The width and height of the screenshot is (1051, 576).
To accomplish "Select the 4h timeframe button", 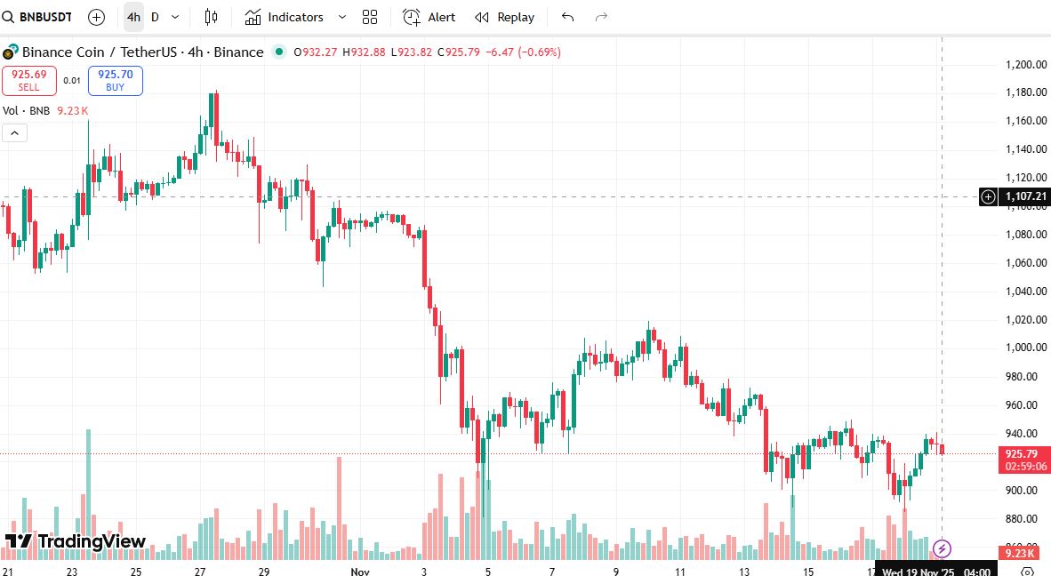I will click(133, 17).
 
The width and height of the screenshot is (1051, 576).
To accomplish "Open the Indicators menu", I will click(285, 17).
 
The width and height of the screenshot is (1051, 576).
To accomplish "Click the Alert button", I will click(429, 17).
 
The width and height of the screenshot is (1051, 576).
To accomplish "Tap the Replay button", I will click(505, 17).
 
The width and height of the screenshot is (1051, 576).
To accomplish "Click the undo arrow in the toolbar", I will click(568, 17).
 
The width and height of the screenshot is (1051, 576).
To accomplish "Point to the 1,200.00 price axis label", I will click(1024, 65).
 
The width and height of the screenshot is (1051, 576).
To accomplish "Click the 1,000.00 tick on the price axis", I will click(1024, 348).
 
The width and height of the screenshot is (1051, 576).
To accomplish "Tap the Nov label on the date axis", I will click(360, 572).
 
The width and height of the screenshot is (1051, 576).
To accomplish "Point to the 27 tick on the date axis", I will click(200, 572).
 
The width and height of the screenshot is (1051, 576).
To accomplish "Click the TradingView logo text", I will click(92, 541).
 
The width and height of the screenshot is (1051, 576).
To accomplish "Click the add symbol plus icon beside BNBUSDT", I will click(97, 17).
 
